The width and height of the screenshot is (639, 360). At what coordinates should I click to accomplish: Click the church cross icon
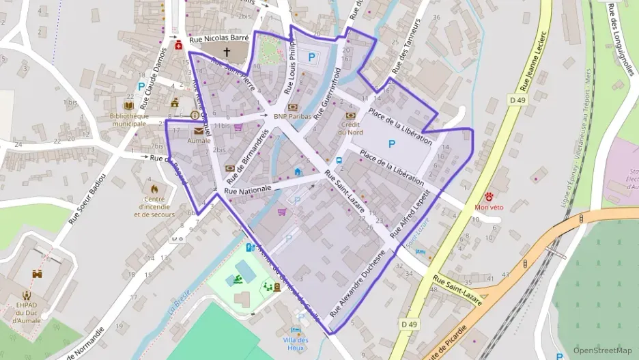[x=227, y=52]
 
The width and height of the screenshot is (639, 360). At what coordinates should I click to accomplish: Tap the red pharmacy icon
[x=179, y=45]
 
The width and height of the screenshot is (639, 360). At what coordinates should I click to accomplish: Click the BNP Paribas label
[x=292, y=117]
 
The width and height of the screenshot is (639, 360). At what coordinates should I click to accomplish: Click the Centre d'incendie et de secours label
[x=154, y=210]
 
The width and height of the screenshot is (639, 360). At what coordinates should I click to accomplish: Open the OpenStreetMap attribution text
[x=601, y=350]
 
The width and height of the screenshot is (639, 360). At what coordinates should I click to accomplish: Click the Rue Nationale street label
[x=247, y=189]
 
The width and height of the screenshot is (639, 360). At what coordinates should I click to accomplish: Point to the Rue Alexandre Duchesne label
[x=358, y=281]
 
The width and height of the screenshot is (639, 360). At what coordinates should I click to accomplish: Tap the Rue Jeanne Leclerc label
[x=534, y=61]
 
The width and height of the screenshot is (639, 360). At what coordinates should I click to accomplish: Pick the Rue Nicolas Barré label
[x=218, y=39]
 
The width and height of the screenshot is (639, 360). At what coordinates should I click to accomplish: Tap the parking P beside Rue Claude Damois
[x=141, y=87]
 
